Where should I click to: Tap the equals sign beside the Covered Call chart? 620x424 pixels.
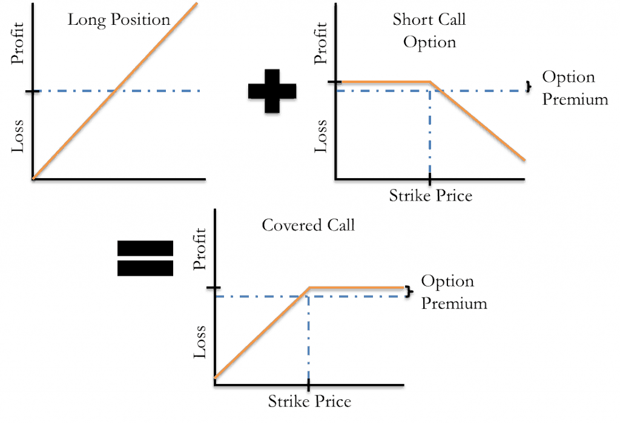coord(145,258)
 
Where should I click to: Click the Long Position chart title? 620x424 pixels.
coord(120,19)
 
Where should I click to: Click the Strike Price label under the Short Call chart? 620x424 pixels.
coord(429,196)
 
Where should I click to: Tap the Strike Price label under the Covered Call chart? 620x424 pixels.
coord(309,401)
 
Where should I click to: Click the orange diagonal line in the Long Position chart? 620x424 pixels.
coord(115,91)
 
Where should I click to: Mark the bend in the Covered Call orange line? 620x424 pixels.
coord(309,287)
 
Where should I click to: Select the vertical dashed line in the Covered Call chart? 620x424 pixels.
coord(309,339)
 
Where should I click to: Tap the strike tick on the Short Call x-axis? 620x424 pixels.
coord(430,181)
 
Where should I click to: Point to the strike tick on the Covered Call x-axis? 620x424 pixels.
coord(309,386)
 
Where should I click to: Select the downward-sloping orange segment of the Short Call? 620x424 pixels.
coord(478,121)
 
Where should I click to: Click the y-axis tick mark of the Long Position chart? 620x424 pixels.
coord(28,91)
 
